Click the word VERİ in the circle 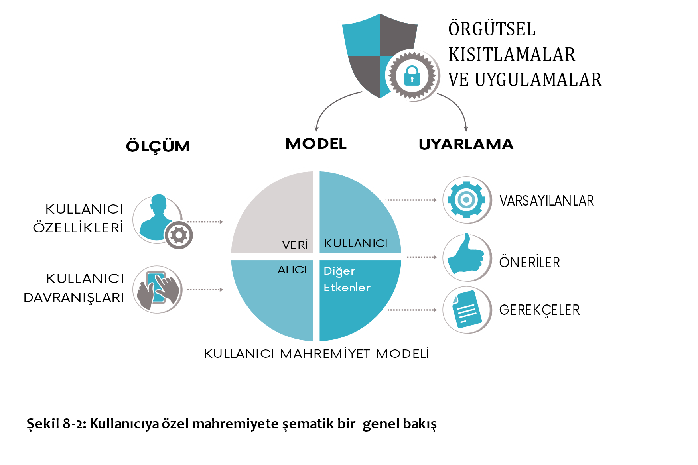pyautogui.click(x=295, y=245)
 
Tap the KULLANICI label pyautogui.click(x=355, y=243)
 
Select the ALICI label pyautogui.click(x=292, y=270)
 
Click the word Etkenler pyautogui.click(x=347, y=288)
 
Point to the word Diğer pyautogui.click(x=339, y=271)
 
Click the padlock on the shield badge pyautogui.click(x=412, y=76)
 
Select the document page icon pyautogui.click(x=467, y=310)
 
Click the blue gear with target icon pyautogui.click(x=466, y=200)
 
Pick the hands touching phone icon pyautogui.click(x=159, y=290)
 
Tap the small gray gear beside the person pyautogui.click(x=179, y=235)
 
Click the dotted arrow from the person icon pyautogui.click(x=205, y=222)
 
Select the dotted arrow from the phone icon pyautogui.click(x=205, y=290)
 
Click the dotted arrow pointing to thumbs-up pyautogui.click(x=422, y=257)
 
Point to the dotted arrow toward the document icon pyautogui.click(x=413, y=310)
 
